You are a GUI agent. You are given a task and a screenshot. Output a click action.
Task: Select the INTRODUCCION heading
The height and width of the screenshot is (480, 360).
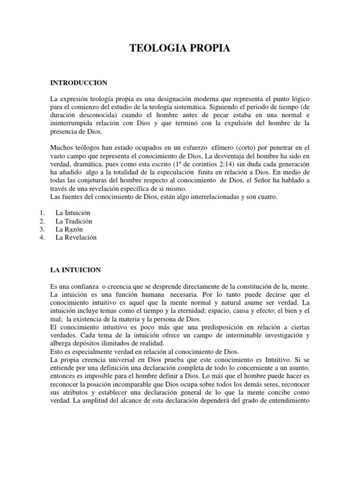79,83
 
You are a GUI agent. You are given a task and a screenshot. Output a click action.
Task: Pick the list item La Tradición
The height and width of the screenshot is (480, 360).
74,221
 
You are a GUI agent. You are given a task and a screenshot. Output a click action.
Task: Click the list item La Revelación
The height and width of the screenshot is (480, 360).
76,238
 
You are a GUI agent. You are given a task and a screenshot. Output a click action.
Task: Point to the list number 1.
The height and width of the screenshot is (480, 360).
42,213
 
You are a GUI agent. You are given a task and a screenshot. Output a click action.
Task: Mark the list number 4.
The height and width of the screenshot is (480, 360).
42,238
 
